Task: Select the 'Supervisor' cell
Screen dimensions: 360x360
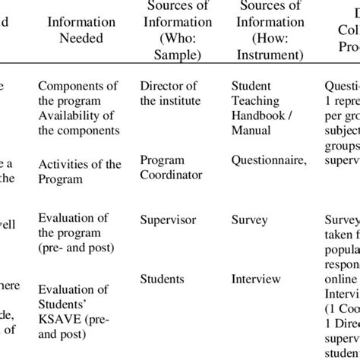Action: pos(168,220)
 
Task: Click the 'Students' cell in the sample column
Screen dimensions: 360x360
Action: pos(162,279)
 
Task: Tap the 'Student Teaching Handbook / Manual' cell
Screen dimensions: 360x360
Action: pos(261,106)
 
